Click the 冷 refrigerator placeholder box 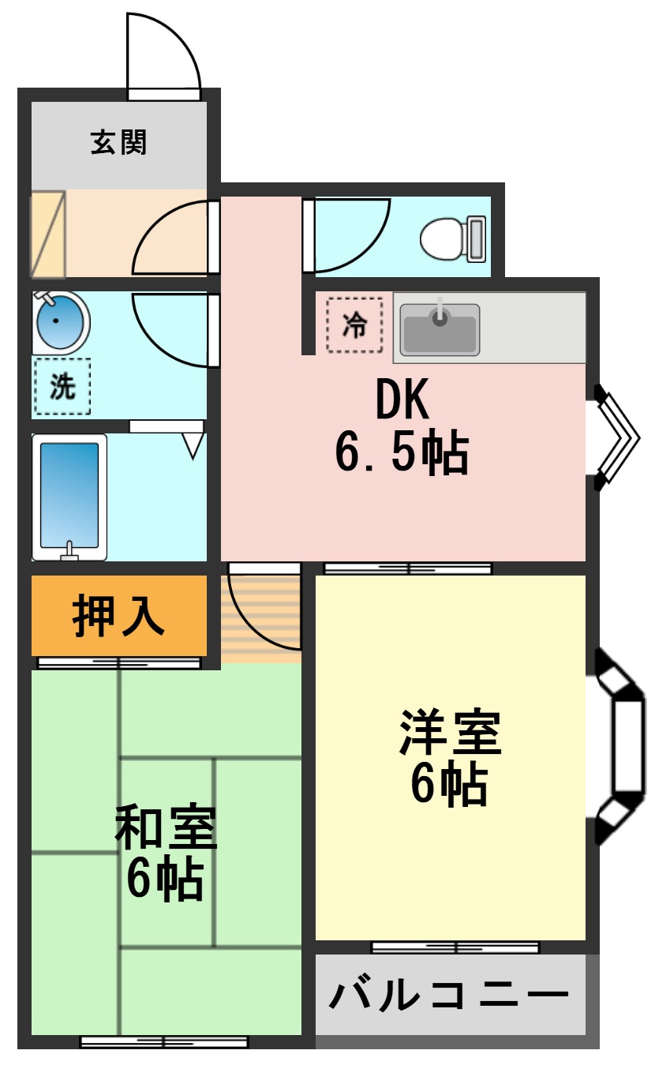(354, 324)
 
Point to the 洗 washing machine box (62, 386)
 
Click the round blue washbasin (60, 321)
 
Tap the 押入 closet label (118, 616)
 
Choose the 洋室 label (449, 733)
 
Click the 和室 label (165, 827)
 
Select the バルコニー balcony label (449, 995)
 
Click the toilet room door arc (347, 233)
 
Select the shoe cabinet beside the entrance (47, 234)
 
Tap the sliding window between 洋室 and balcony (455, 947)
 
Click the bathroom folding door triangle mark (193, 444)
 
